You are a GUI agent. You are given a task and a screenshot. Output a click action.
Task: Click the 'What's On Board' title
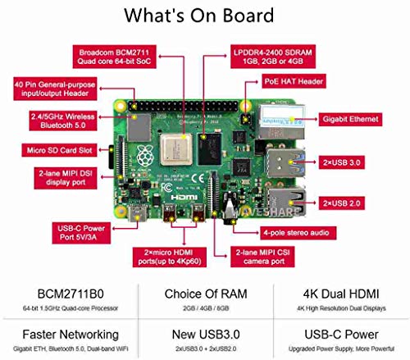pyautogui.click(x=205, y=16)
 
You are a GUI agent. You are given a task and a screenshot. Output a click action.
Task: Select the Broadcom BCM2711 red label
pyautogui.click(x=115, y=55)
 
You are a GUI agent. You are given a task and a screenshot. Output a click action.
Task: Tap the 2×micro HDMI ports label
pyautogui.click(x=175, y=257)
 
